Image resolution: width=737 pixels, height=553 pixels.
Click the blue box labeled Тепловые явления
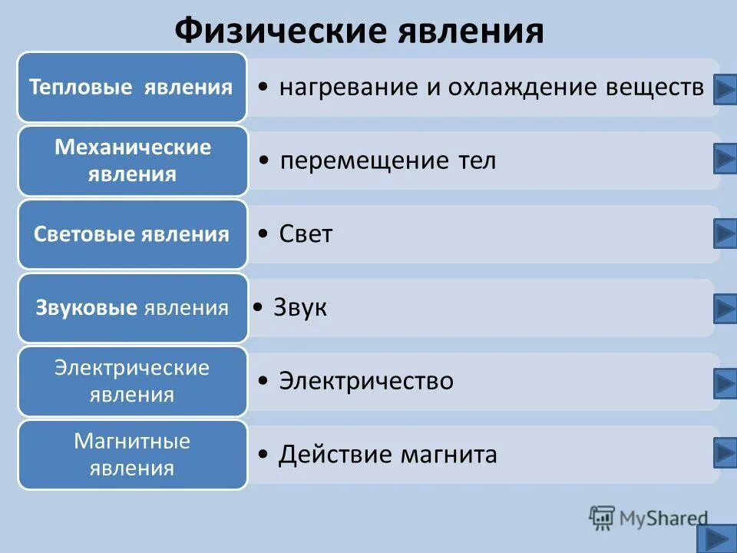(x=132, y=87)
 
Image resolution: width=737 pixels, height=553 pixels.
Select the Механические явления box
(x=132, y=161)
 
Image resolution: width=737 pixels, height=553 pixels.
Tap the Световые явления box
(x=132, y=234)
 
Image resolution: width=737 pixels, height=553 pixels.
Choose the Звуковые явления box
(x=132, y=308)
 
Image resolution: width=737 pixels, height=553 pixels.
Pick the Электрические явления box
(x=132, y=381)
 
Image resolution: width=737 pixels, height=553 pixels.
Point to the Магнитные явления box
(x=132, y=455)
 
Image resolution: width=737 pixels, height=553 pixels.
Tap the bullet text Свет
(x=306, y=234)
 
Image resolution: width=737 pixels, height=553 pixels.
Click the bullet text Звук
(x=300, y=308)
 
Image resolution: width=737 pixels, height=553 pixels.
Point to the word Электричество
(x=366, y=381)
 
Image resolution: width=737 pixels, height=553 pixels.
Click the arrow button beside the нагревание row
(x=725, y=89)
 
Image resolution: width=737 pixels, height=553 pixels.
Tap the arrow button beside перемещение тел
(x=725, y=160)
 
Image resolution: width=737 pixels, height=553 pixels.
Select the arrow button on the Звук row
(x=725, y=308)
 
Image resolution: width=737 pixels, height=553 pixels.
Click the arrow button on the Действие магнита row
(x=725, y=452)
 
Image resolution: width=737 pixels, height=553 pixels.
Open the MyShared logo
(x=649, y=518)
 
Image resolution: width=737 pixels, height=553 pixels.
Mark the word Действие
(x=335, y=455)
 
